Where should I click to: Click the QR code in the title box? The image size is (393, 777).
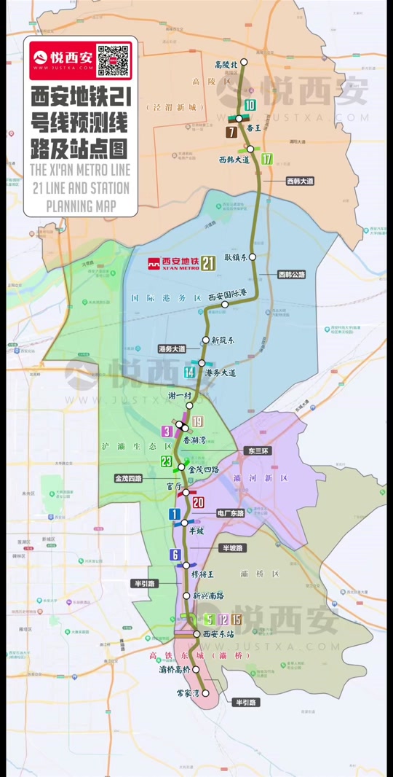click(113, 60)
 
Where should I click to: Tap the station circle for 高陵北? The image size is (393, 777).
click(245, 62)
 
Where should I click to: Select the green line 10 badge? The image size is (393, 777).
click(250, 106)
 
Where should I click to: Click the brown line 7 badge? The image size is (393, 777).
click(231, 132)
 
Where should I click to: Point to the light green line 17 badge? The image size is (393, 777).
click(266, 159)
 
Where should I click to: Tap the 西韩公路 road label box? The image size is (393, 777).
click(292, 275)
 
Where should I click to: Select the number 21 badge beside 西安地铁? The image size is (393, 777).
click(209, 263)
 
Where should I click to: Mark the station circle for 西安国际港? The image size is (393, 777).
click(225, 305)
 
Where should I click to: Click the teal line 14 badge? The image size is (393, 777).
click(190, 372)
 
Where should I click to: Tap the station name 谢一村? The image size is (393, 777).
click(178, 396)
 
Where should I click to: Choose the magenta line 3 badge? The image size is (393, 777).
click(167, 432)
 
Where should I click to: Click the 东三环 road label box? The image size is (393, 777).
click(258, 450)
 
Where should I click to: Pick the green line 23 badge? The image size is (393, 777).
click(167, 461)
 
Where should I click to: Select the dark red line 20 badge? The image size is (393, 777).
click(198, 502)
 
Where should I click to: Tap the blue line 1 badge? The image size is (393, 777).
click(174, 515)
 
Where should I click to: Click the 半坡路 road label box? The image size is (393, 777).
click(235, 547)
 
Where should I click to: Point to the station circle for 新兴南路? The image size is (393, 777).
click(186, 596)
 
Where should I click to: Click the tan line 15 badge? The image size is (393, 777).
click(237, 620)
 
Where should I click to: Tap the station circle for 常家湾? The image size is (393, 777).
click(205, 692)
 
